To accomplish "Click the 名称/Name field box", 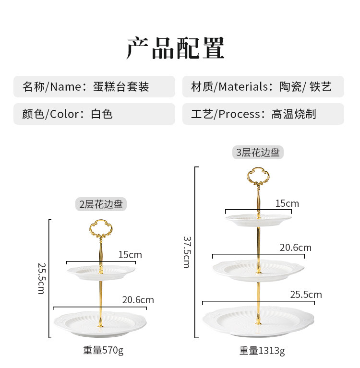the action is click(x=94, y=87).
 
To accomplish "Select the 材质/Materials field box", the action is click(x=263, y=87).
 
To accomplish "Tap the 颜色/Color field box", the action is click(x=94, y=114).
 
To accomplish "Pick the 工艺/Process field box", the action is click(x=263, y=114).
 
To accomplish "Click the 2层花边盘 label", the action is click(x=101, y=204).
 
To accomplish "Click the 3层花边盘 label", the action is click(x=258, y=153).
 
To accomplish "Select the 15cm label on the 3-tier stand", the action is click(x=287, y=203).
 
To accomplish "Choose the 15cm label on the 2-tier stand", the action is click(x=130, y=255).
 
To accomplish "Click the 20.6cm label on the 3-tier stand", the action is click(x=296, y=248).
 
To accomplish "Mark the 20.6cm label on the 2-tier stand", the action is click(x=138, y=300).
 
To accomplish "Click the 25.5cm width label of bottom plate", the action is click(x=306, y=295).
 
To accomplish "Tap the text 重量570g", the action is click(x=103, y=350).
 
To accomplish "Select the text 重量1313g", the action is click(x=262, y=351).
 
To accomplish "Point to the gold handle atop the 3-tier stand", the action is click(x=258, y=178).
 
